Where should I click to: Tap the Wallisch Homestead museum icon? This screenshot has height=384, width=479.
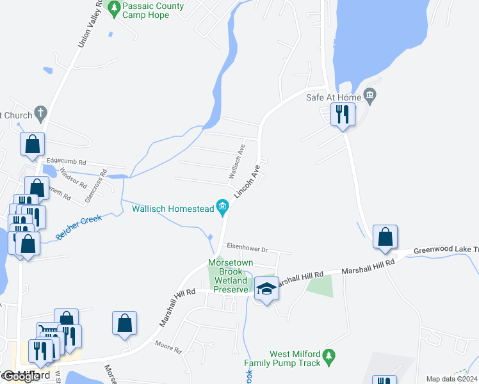coord(223,206)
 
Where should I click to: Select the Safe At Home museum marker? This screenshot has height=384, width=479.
coord(370,96)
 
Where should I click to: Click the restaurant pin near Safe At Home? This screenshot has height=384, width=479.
coord(343,115)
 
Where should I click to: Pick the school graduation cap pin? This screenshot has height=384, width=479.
coord(267,289)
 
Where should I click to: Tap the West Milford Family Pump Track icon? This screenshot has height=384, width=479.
coord(329,355)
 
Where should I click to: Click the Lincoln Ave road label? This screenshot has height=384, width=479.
coord(248,181)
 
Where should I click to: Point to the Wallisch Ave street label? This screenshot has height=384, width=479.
coord(237,161)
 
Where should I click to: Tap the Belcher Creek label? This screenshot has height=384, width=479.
coord(79,227)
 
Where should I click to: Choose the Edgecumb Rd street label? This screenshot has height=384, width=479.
coord(66,163)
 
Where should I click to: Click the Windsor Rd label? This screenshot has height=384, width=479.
coord(74,176)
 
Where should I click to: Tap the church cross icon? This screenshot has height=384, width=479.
coord(40,115)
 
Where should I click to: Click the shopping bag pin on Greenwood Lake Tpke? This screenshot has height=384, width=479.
coord(384,237)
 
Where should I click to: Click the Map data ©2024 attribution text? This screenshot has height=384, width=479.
coord(451,379)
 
